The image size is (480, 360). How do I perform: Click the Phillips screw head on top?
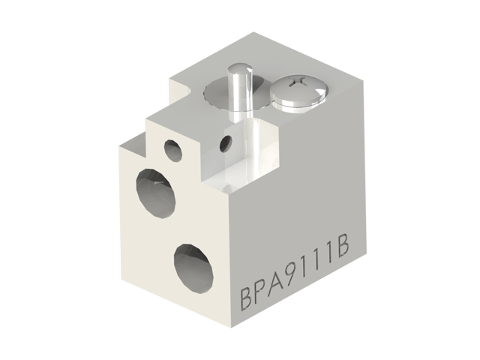pyautogui.click(x=297, y=93)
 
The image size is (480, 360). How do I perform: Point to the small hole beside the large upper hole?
pyautogui.click(x=173, y=149)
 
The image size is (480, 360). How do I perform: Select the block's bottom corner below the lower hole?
pyautogui.click(x=231, y=328)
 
